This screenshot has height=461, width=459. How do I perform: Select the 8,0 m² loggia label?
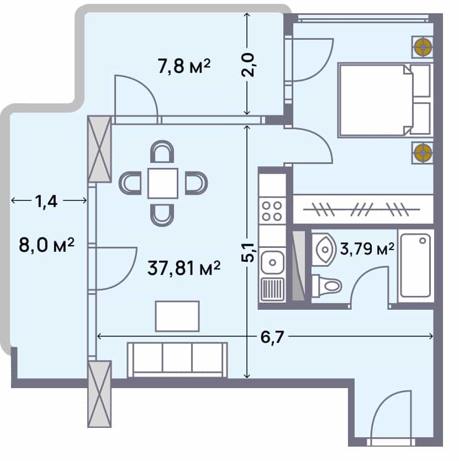[46, 245]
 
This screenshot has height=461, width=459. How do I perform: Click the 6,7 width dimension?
[271, 337]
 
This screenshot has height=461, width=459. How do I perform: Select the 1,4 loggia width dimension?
[47, 201]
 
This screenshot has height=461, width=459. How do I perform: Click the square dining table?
[162, 183]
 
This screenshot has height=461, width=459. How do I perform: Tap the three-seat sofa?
[177, 359]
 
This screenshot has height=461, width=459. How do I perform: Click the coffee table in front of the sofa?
[177, 316]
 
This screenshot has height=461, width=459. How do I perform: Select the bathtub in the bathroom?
[415, 266]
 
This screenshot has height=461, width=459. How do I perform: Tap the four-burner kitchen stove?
[272, 210]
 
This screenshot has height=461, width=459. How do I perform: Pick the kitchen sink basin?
[272, 261]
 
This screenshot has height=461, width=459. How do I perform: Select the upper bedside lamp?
[423, 47]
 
